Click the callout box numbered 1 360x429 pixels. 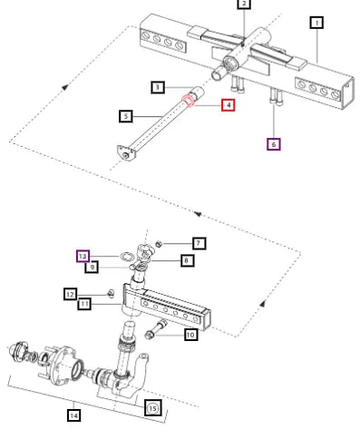point(316,23)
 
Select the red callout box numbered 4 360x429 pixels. point(229,105)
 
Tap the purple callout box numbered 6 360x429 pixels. point(274,144)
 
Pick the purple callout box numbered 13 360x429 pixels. point(83,257)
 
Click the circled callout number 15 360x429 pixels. point(152,408)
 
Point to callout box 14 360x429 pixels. point(74,415)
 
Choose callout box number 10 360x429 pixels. point(191,335)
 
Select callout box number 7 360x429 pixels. point(199,243)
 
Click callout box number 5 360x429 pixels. point(126,116)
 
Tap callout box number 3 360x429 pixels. point(158,87)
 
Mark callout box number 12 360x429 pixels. point(70,294)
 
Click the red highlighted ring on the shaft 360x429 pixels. point(189,101)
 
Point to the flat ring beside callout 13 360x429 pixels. point(126,257)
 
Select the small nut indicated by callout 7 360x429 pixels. point(159,243)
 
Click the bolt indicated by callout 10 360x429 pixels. point(156,329)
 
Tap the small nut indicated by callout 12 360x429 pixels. point(111,293)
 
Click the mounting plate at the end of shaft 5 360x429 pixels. point(126,153)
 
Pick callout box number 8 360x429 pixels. point(188,260)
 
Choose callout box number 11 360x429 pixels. point(84,304)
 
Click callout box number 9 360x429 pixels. point(92,267)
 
